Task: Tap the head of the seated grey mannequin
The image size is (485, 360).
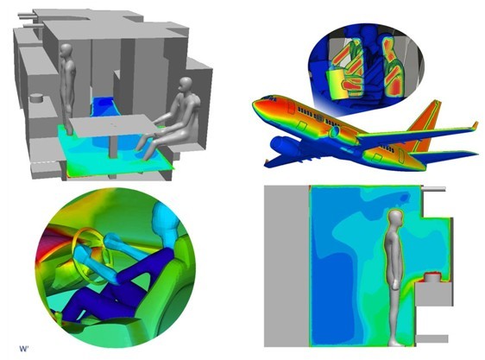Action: coord(186,85)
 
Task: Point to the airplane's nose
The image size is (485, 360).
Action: coord(256,103)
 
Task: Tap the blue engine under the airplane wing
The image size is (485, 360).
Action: coord(284,146)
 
